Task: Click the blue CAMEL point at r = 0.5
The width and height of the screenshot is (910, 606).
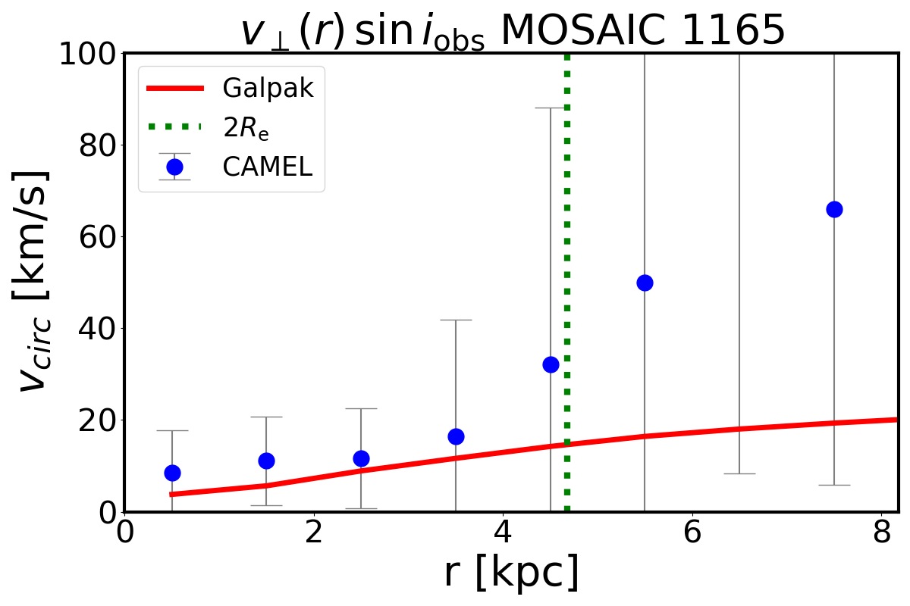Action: pyautogui.click(x=172, y=473)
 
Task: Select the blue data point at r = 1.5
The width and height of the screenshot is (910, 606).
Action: pyautogui.click(x=266, y=461)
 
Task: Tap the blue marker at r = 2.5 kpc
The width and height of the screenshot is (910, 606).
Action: pyautogui.click(x=361, y=458)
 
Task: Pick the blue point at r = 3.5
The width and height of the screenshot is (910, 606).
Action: pyautogui.click(x=456, y=436)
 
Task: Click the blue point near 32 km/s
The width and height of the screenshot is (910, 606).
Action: pyautogui.click(x=551, y=364)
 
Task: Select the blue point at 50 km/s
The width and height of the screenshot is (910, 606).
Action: pyautogui.click(x=645, y=283)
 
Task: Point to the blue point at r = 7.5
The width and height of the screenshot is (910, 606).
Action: pyautogui.click(x=834, y=209)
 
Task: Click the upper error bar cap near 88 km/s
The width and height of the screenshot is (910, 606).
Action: pyautogui.click(x=551, y=108)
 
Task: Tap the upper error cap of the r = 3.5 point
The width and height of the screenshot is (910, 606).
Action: pyautogui.click(x=456, y=320)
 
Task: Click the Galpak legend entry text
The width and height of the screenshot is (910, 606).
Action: pyautogui.click(x=268, y=89)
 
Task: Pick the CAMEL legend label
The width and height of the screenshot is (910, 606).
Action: pyautogui.click(x=267, y=167)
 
